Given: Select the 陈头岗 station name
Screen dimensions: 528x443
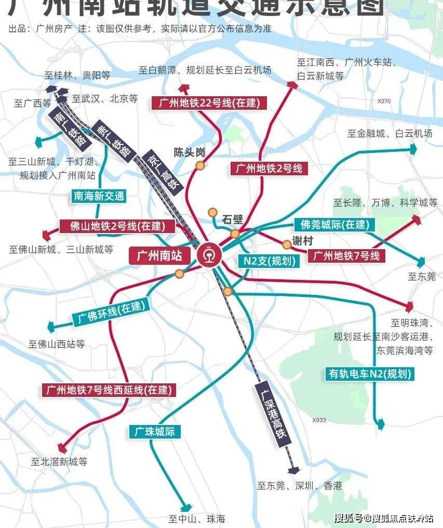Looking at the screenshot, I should (x=190, y=153).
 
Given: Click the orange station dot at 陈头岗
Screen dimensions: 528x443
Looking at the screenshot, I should (x=199, y=165).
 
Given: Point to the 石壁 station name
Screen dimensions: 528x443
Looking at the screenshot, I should (x=232, y=219).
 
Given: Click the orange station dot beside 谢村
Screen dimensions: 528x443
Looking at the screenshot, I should (x=286, y=244).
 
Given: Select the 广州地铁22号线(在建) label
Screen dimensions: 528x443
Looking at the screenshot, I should (x=206, y=102).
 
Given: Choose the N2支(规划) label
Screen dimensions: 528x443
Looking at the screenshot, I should (x=269, y=261).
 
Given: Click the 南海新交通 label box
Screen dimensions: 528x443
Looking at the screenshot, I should (x=99, y=196).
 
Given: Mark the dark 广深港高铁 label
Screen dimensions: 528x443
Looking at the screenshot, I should (x=273, y=413).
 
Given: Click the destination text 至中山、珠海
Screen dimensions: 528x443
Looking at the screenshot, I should (x=197, y=519).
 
